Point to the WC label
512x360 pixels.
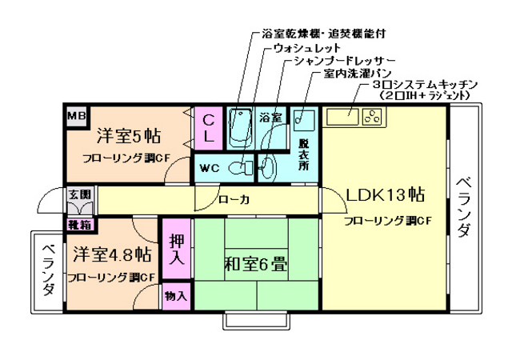210,168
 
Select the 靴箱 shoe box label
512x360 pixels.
78,226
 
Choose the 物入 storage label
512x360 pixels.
176,296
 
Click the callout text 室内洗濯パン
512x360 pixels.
353,74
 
